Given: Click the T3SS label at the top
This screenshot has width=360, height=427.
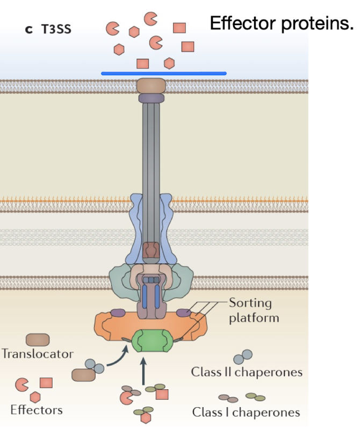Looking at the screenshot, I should [x=56, y=28].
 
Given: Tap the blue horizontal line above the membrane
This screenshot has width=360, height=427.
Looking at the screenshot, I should [x=163, y=73].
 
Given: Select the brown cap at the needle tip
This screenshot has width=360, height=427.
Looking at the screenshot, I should [x=152, y=85].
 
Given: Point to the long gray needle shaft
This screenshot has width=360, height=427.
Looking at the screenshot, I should [x=152, y=151].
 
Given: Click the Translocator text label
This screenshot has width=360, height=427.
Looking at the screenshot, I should [x=38, y=354].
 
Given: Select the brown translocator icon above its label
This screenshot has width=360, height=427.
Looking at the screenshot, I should [x=38, y=340].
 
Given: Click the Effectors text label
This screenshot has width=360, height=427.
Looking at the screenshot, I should [x=36, y=410].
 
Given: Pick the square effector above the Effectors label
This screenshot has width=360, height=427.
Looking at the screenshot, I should [x=46, y=383].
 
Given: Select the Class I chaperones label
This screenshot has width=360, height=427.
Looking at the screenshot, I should [x=246, y=412].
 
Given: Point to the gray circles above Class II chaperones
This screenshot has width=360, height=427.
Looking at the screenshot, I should [x=242, y=357].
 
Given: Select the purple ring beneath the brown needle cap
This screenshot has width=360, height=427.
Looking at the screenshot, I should [x=152, y=98].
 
